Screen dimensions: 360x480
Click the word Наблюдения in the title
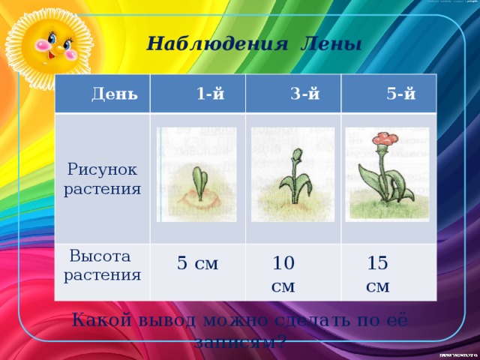[x=217, y=43]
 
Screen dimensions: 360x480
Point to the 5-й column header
[x=401, y=94]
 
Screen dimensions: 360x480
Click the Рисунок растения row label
[x=103, y=179]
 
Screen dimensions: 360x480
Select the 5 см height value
[x=197, y=263]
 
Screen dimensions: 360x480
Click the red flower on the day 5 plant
[x=387, y=139]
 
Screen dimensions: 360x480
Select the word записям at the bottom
[x=237, y=342]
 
